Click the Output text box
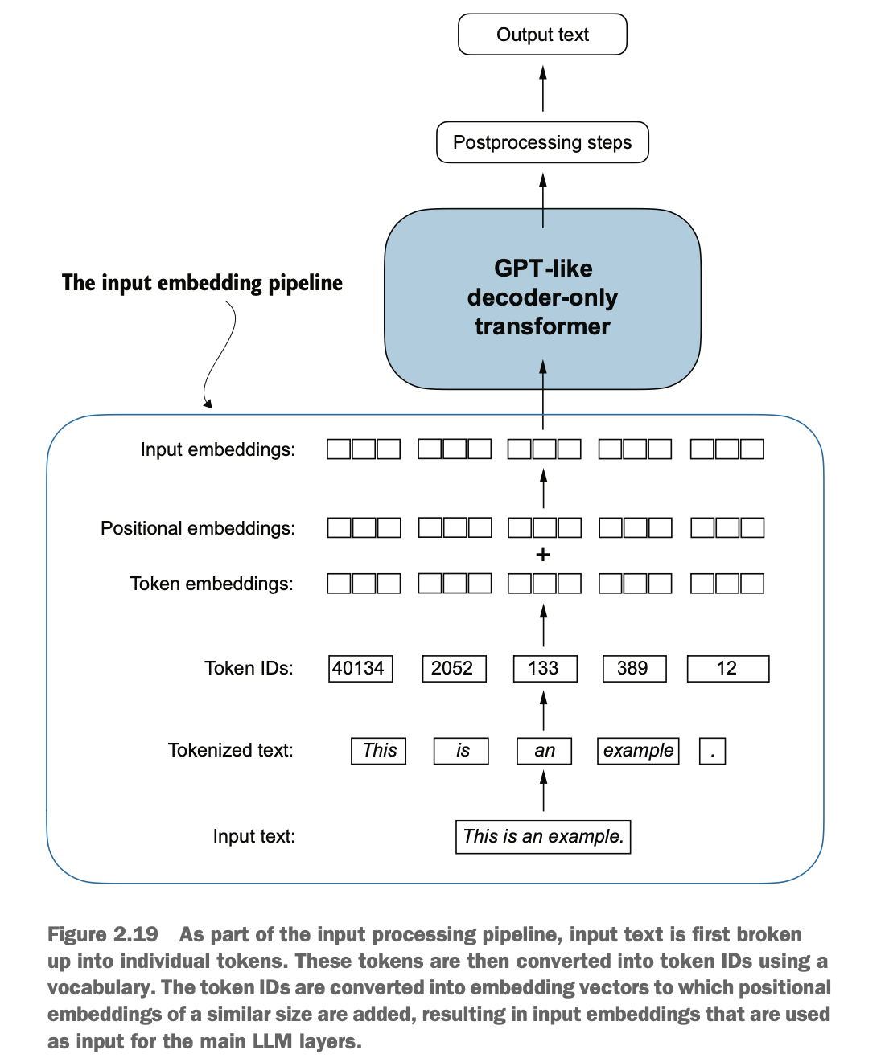(542, 35)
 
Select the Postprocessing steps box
(542, 142)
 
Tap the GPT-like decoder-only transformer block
(542, 299)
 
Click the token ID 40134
(360, 668)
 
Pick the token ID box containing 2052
(454, 668)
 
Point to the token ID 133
(545, 668)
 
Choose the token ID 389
(634, 668)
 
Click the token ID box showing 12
(728, 668)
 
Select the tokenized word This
(378, 750)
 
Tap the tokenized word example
(637, 750)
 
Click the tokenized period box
(712, 750)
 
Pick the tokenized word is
(460, 750)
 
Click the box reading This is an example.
(542, 837)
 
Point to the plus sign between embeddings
(542, 555)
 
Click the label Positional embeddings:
(198, 528)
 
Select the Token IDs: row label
(249, 668)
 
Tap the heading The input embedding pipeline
(202, 283)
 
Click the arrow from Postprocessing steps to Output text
(542, 88)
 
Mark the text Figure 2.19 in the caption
(103, 934)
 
